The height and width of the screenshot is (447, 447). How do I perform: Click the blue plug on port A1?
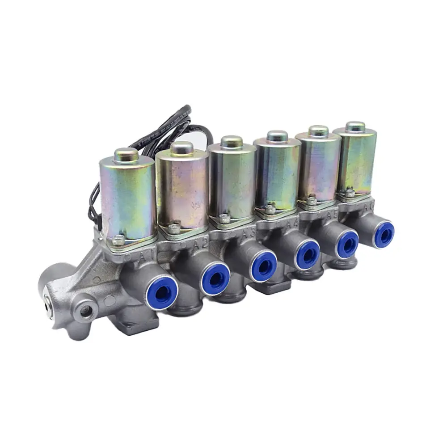[161, 292]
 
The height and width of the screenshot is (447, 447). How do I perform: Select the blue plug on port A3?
[264, 267]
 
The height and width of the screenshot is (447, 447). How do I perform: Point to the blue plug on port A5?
[347, 244]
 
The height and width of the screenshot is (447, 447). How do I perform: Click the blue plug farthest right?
[384, 234]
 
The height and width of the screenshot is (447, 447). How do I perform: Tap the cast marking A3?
[246, 233]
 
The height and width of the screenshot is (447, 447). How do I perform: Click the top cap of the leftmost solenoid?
[126, 155]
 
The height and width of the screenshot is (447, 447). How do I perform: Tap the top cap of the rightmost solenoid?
[355, 126]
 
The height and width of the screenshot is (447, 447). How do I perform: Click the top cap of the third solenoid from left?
[232, 142]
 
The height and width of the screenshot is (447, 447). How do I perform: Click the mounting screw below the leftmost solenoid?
[119, 240]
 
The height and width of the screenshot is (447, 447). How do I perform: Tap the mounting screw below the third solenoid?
[225, 219]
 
